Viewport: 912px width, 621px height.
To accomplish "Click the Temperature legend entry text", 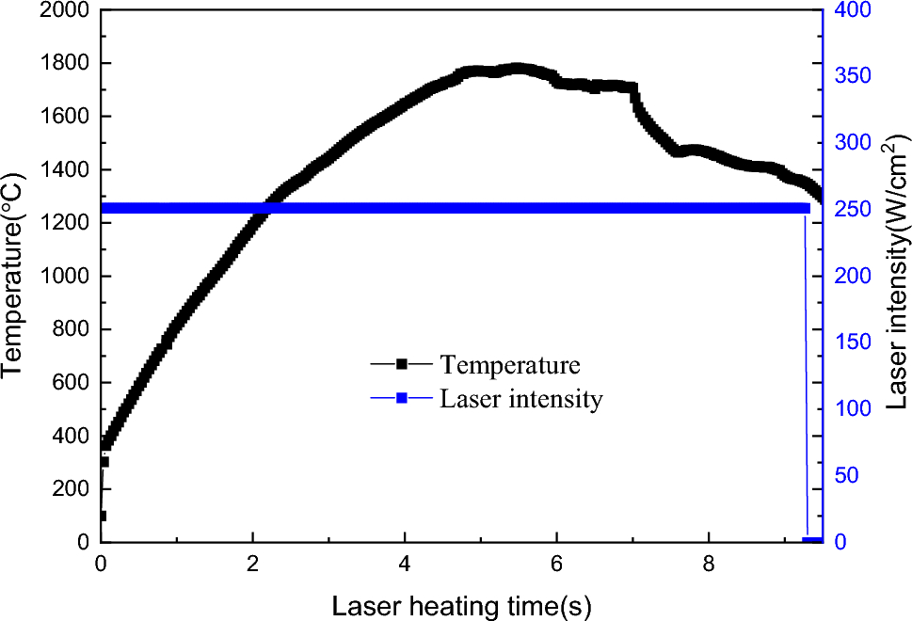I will pos(510,364).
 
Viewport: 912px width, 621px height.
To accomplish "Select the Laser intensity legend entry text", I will pos(520,399).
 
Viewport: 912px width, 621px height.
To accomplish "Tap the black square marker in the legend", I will pos(401,364).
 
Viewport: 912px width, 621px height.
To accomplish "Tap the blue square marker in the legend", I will pos(401,399).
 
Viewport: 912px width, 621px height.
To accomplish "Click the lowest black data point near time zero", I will pos(102,516).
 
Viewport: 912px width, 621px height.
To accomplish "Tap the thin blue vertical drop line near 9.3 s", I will pos(806,376).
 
